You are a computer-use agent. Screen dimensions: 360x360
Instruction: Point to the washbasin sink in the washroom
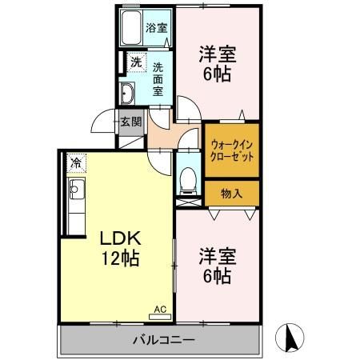(129, 93)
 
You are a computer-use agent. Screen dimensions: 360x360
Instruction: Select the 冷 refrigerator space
(76, 163)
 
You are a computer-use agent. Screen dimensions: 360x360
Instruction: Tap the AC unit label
(158, 307)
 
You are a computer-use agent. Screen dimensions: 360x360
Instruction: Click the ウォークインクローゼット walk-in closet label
(232, 150)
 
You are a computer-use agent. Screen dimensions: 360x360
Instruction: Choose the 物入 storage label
(231, 193)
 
